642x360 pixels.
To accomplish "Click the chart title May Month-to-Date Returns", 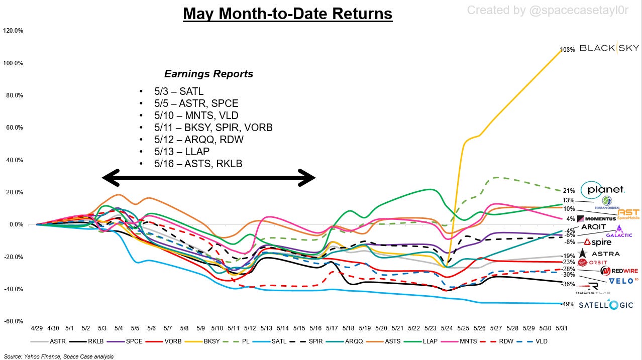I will point(287,14).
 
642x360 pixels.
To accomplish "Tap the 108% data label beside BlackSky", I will point(567,50).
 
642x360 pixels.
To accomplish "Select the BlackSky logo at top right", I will point(609,48).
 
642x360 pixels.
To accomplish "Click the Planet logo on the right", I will point(602,190).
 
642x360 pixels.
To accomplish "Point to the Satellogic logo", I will point(606,305).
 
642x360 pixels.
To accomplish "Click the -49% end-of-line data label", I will point(568,304).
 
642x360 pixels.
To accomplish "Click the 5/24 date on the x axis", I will point(447,328).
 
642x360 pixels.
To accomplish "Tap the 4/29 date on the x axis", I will point(37,328).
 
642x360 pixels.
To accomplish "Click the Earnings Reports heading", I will point(208,74).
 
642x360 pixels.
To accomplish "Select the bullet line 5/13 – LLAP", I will point(182,151).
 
